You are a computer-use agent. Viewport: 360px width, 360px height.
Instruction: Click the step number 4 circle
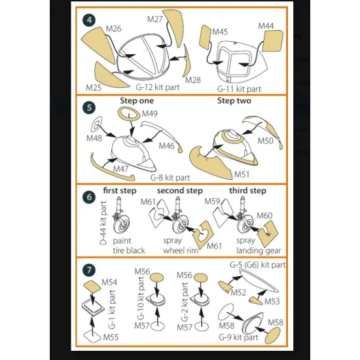tap(89, 20)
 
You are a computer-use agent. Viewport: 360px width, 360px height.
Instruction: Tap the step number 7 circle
tap(89, 270)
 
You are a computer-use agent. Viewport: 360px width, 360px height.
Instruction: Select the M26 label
tap(113, 29)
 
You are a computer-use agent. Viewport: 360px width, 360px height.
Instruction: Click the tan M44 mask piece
tap(272, 41)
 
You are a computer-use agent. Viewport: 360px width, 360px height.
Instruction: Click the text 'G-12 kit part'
tap(158, 87)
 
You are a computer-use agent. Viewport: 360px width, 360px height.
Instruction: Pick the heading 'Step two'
tap(234, 101)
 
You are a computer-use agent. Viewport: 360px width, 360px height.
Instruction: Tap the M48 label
tap(94, 138)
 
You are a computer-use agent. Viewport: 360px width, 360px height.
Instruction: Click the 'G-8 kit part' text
tap(170, 177)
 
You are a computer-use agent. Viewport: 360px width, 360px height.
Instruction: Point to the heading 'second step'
tap(180, 190)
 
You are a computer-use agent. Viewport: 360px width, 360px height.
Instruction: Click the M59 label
tap(212, 202)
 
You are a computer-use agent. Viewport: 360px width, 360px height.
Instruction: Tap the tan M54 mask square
tap(92, 287)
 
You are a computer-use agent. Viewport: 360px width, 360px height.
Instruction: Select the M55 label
tap(111, 337)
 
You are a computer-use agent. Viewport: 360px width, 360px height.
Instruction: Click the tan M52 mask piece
tap(224, 287)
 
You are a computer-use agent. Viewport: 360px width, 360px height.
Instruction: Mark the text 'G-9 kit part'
tap(238, 337)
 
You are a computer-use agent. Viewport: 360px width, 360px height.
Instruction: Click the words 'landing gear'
tap(259, 251)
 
